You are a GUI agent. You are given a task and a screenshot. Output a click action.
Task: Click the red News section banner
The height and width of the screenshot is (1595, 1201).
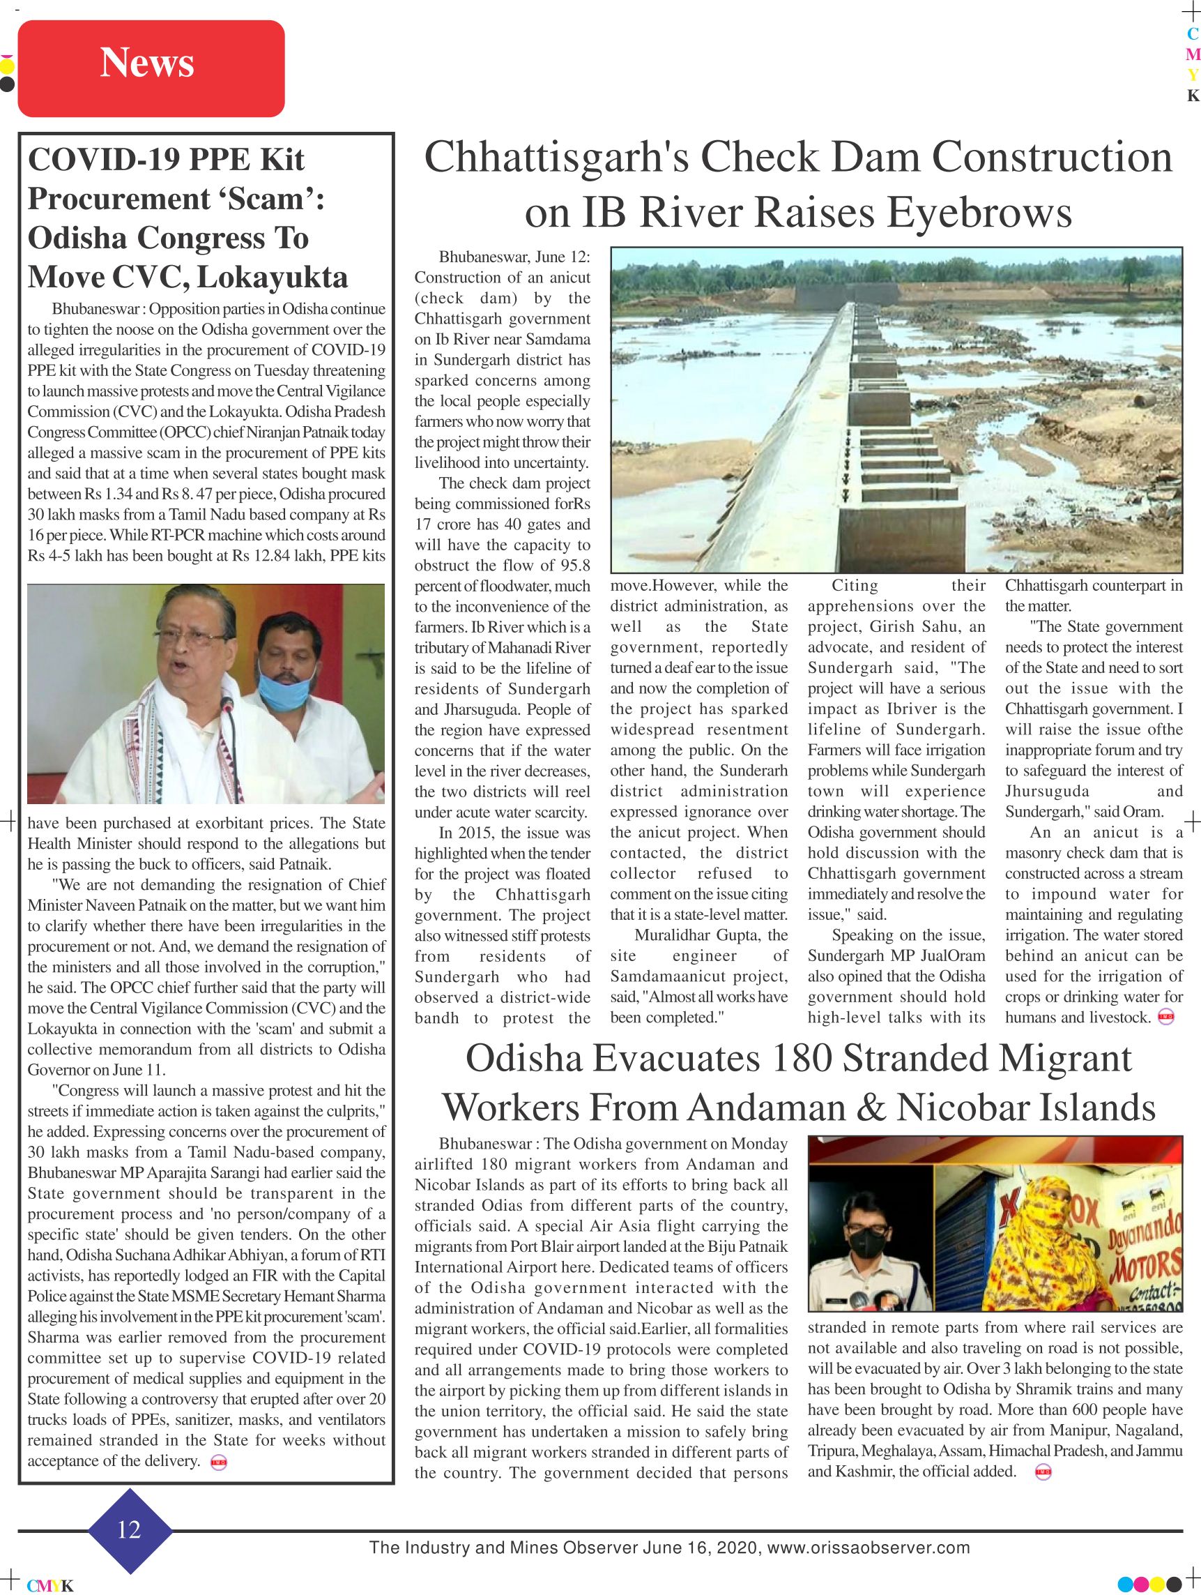coord(151,68)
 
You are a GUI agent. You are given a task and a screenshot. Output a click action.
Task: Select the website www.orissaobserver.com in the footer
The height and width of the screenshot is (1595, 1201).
coord(868,1548)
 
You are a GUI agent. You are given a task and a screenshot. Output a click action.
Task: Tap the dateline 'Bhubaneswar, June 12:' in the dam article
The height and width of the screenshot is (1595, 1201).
coord(514,257)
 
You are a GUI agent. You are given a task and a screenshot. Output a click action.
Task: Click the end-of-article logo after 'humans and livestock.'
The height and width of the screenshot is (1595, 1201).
coord(1165,1018)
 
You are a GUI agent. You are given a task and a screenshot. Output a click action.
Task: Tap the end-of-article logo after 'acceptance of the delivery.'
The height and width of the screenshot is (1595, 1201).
coord(217,1463)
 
